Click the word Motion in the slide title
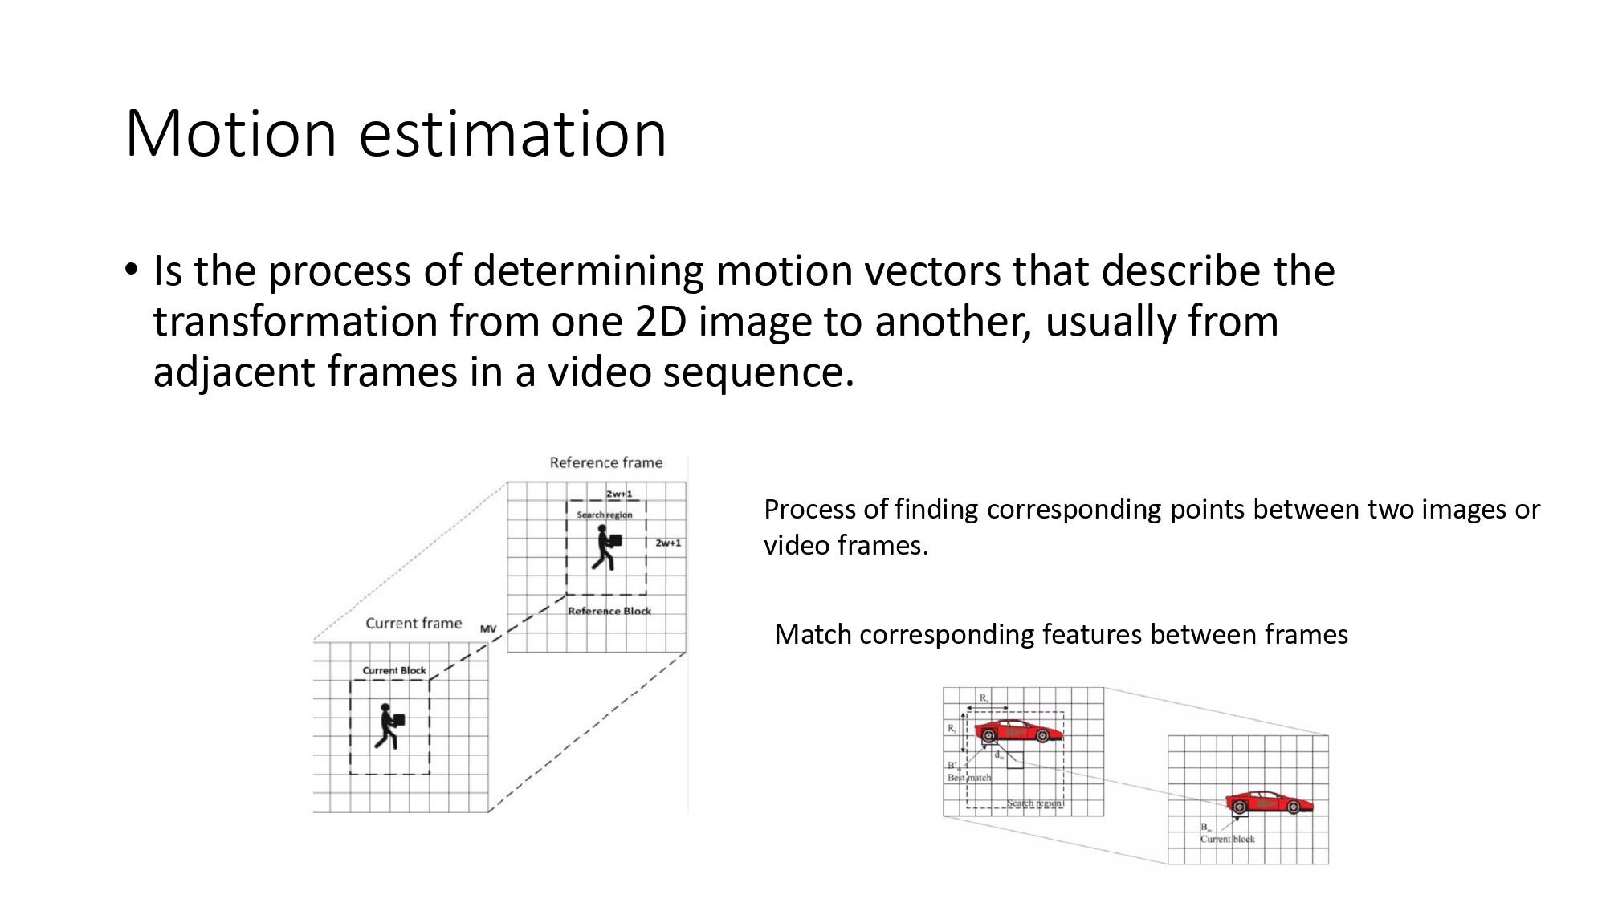tap(230, 133)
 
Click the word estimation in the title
tap(512, 133)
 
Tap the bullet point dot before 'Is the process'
tap(131, 270)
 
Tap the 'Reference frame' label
tap(605, 462)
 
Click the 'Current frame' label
tap(414, 624)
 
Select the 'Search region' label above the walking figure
tap(604, 515)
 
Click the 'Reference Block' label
tap(609, 611)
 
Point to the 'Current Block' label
tap(394, 670)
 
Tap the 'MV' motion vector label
tap(488, 628)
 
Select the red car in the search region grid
tap(1017, 732)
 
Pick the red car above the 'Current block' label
tap(1268, 802)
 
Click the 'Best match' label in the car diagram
tap(969, 778)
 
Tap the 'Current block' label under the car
tap(1227, 839)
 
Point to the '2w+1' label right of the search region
tap(668, 543)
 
